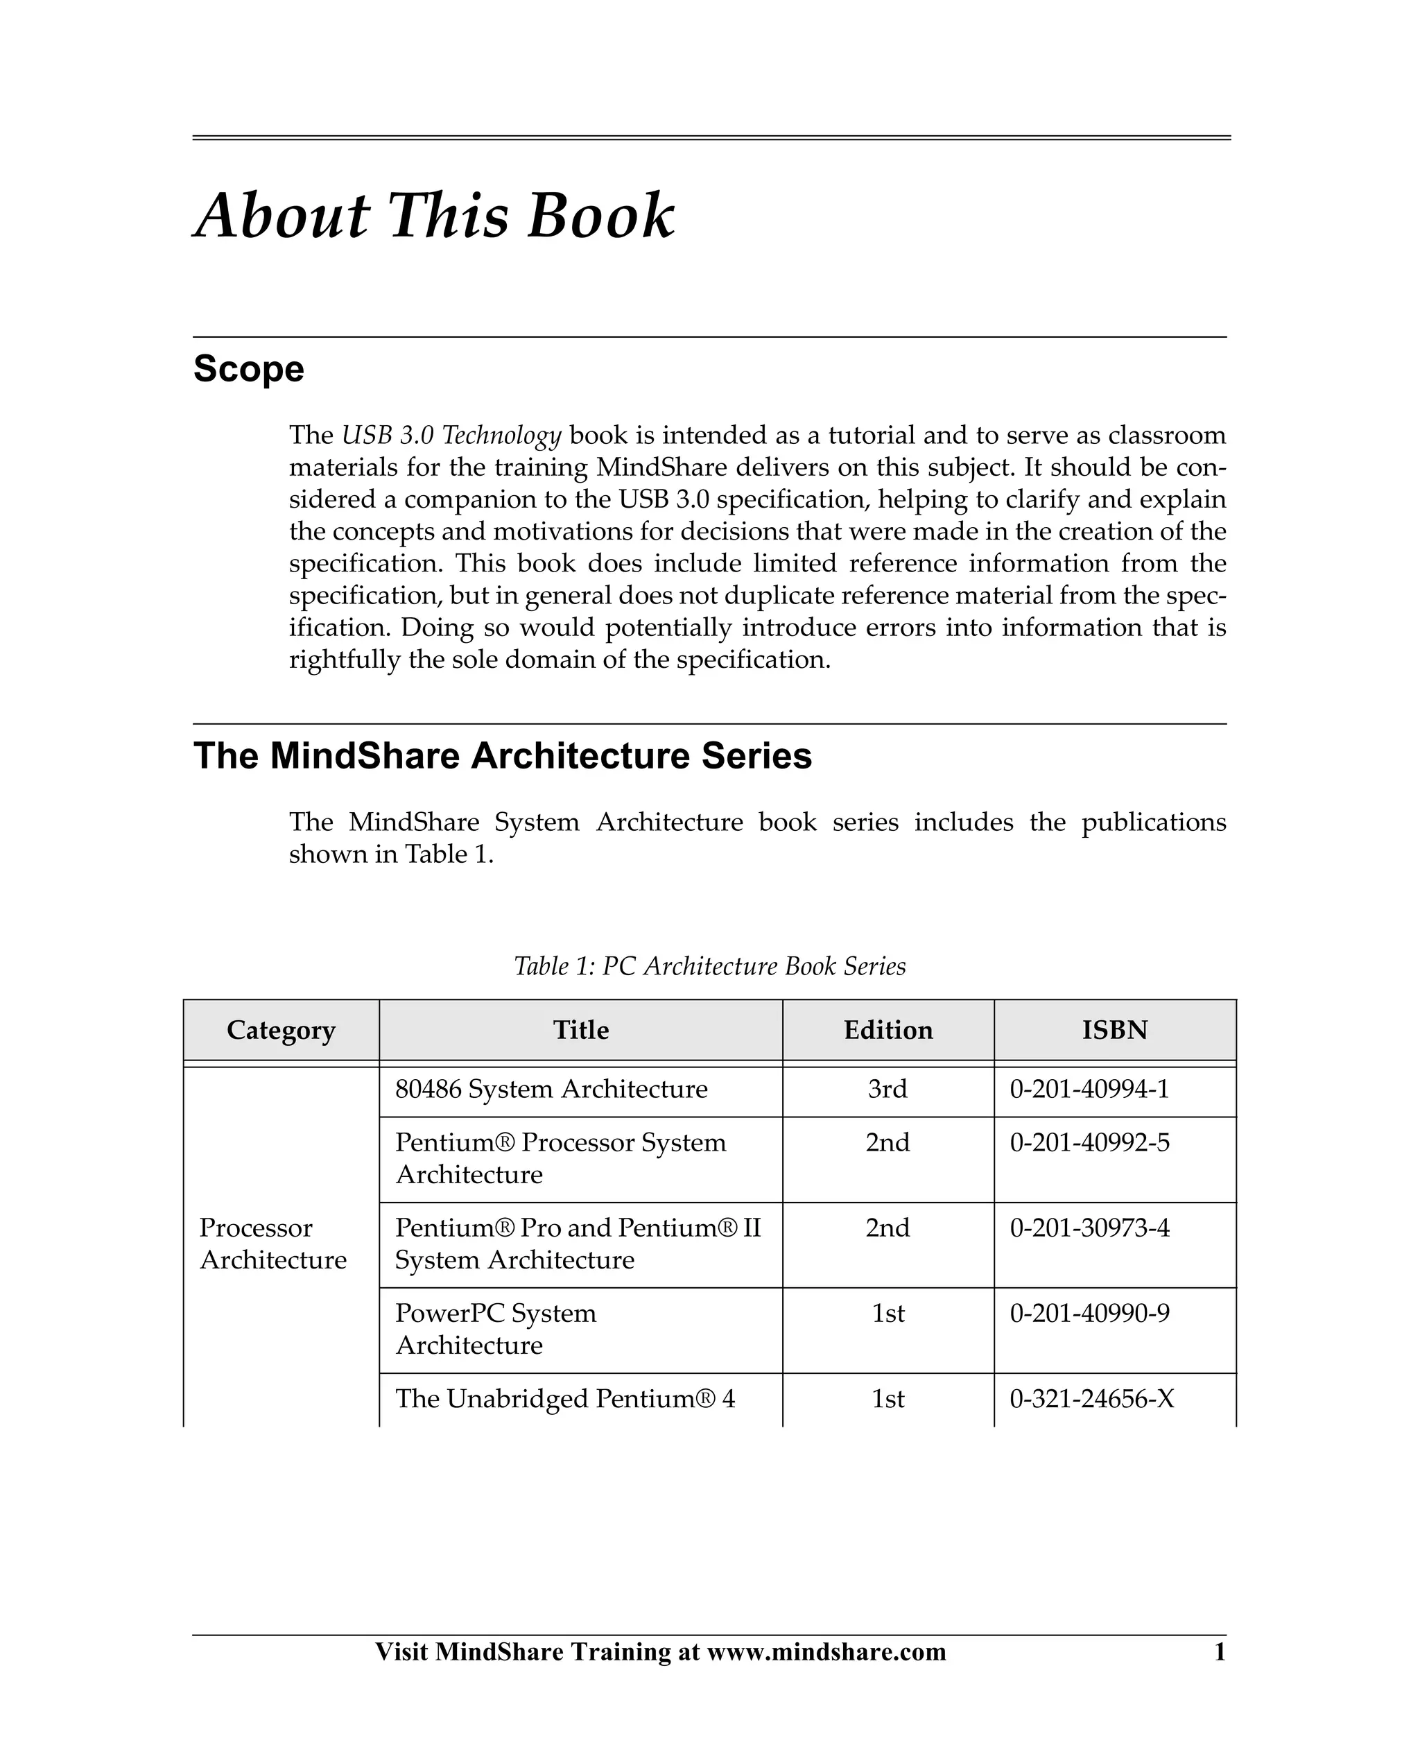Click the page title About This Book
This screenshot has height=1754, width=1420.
(x=434, y=216)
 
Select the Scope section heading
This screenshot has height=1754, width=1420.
(x=249, y=369)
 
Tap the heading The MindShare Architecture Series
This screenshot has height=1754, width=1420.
(x=502, y=756)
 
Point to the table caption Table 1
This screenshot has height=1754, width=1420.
(x=709, y=966)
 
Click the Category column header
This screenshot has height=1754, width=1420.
(x=281, y=1030)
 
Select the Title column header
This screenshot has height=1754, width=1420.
(x=581, y=1030)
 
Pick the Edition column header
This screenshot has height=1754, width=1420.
(x=888, y=1030)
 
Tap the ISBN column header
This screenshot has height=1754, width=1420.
(x=1115, y=1030)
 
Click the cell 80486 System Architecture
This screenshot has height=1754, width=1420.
(x=551, y=1090)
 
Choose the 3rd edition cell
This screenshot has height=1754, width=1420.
(x=888, y=1090)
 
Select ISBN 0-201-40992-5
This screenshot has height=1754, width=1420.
(x=1089, y=1143)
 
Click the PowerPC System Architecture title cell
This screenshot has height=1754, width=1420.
(x=496, y=1329)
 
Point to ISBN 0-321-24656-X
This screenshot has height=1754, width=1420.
(x=1092, y=1399)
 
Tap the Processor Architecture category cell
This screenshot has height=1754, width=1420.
(x=273, y=1244)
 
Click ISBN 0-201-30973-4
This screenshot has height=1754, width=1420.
(x=1089, y=1228)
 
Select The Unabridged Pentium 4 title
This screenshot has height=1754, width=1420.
(x=565, y=1399)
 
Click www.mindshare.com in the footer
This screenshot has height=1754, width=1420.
(x=826, y=1652)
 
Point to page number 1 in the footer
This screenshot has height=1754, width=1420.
(x=1220, y=1652)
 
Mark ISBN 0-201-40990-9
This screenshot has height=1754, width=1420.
(x=1089, y=1313)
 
